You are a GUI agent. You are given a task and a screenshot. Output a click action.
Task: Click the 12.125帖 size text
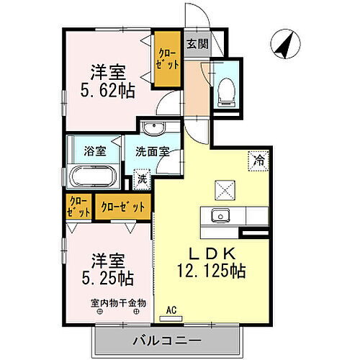210,271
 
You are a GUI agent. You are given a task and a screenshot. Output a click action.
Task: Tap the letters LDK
210,253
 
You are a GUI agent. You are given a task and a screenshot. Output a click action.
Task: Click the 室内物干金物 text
117,303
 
